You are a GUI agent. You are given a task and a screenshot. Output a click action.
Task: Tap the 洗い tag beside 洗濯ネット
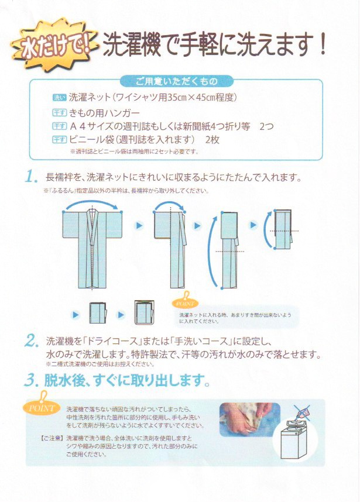pos(59,97)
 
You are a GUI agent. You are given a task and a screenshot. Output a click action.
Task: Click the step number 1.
pos(32,177)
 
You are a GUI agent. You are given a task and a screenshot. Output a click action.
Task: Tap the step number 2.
pos(32,341)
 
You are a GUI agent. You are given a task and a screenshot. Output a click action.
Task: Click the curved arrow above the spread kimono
pos(92,204)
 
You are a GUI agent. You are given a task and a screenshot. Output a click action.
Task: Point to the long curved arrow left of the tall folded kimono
pos(211,252)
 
